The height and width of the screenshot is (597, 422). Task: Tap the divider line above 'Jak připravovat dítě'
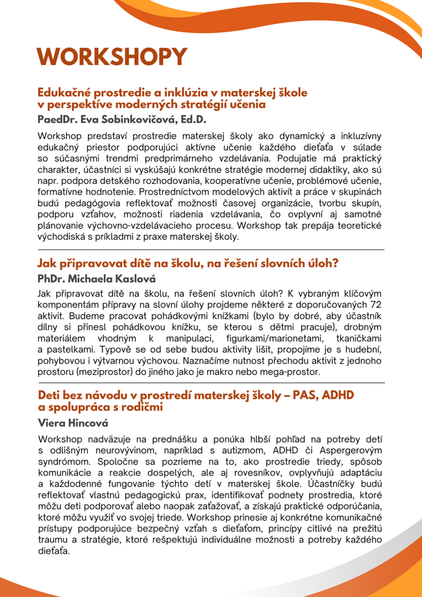211,249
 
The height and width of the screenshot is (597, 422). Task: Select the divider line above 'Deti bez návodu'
211,383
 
